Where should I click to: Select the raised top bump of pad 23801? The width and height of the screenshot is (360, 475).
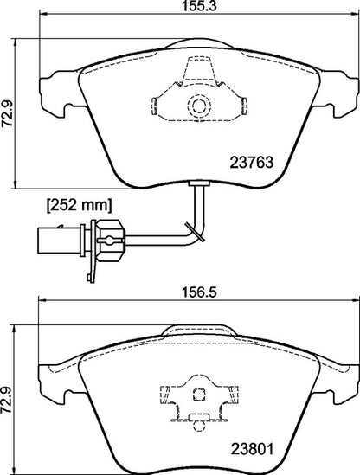click(198, 331)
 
